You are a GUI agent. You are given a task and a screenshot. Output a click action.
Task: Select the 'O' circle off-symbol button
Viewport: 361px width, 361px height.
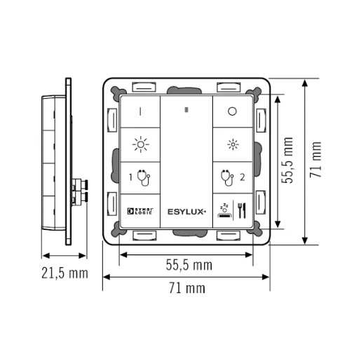(232, 111)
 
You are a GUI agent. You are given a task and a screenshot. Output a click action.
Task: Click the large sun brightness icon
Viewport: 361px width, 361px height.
(140, 145)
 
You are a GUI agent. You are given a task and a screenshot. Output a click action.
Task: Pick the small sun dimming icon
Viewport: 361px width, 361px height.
(232, 145)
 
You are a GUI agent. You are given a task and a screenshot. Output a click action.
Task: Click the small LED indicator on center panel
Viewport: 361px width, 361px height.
(186, 109)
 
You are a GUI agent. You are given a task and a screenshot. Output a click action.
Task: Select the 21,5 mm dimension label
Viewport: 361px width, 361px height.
(64, 273)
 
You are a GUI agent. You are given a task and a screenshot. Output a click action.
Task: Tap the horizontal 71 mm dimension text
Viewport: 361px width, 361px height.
(188, 288)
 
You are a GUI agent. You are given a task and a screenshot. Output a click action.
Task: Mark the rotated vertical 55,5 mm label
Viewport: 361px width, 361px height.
(288, 161)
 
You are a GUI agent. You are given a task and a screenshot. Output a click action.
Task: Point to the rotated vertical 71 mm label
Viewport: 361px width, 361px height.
(317, 161)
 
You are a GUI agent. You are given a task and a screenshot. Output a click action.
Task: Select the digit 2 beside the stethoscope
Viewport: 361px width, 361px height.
(242, 177)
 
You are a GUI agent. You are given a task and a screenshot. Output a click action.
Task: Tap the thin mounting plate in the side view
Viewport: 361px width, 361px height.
(69, 161)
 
